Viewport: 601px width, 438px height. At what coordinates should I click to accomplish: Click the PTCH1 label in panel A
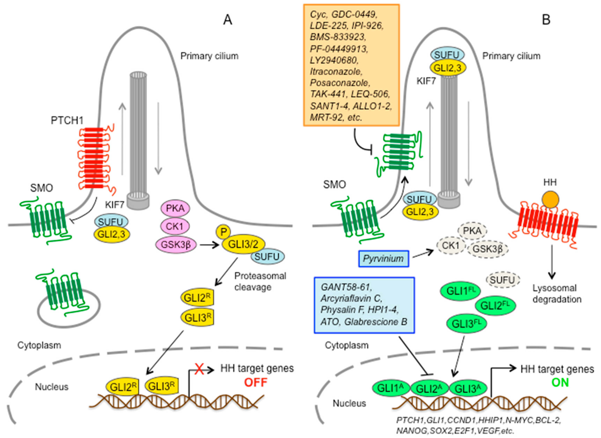67,121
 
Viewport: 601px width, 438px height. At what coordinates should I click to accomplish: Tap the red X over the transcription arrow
199,369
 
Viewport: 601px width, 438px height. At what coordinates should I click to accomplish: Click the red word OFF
256,383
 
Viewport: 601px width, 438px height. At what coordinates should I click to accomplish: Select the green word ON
560,383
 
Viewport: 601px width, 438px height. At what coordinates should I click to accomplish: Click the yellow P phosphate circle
223,232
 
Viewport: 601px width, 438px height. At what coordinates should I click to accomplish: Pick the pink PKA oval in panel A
175,208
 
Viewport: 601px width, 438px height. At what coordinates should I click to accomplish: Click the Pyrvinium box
383,258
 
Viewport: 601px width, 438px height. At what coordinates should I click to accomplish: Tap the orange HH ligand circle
550,199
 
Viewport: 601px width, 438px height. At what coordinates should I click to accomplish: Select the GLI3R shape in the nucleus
161,386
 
